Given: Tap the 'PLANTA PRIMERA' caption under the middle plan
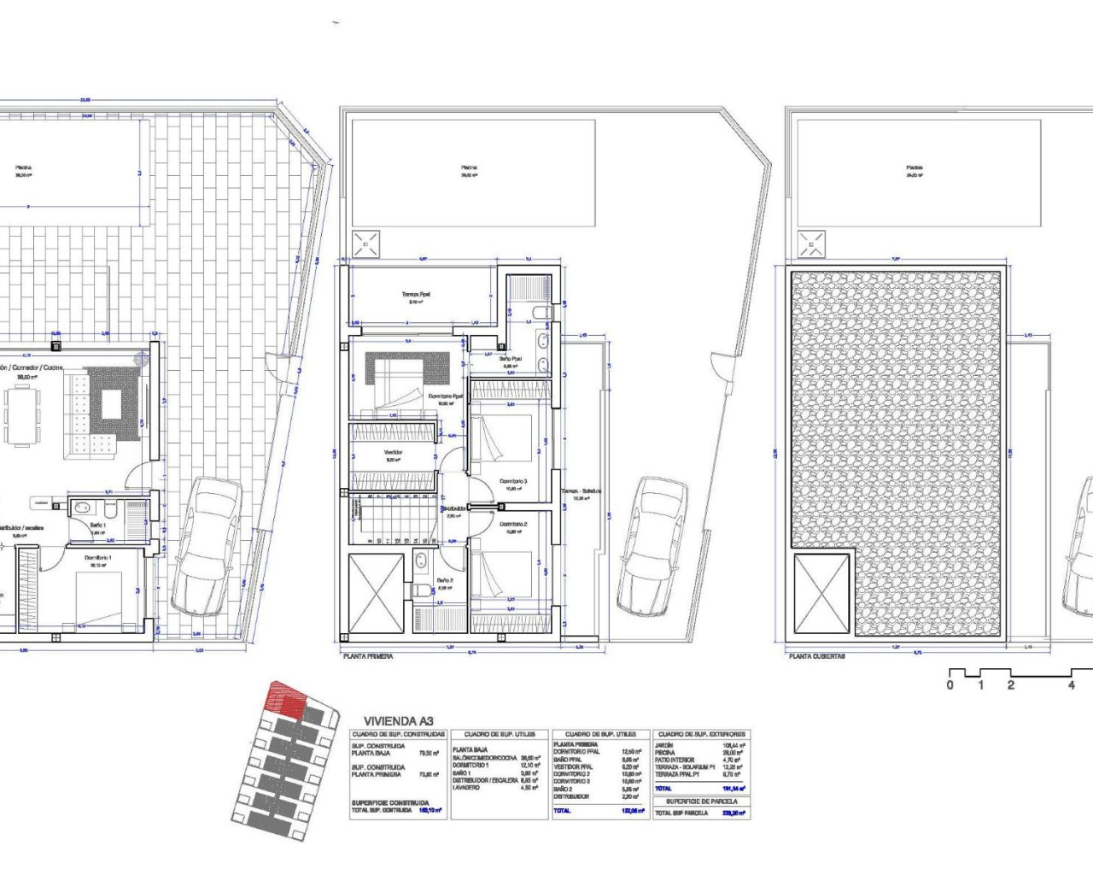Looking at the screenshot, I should pyautogui.click(x=367, y=656).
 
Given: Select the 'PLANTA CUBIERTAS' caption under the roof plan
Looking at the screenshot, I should pyautogui.click(x=817, y=656).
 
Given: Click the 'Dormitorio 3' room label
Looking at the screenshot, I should pyautogui.click(x=513, y=481).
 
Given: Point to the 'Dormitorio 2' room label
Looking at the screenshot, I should pyautogui.click(x=513, y=524).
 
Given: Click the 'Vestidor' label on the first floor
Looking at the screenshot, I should pyautogui.click(x=394, y=453).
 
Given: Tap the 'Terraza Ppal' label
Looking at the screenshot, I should pyautogui.click(x=417, y=295).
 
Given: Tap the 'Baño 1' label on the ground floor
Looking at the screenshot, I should pyautogui.click(x=97, y=525).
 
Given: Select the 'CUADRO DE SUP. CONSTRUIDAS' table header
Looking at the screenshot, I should pyautogui.click(x=399, y=734).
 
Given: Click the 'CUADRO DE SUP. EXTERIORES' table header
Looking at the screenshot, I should pyautogui.click(x=701, y=734).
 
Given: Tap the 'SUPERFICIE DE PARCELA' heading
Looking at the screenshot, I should pyautogui.click(x=701, y=802).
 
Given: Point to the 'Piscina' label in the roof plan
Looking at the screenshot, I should pyautogui.click(x=914, y=167).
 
